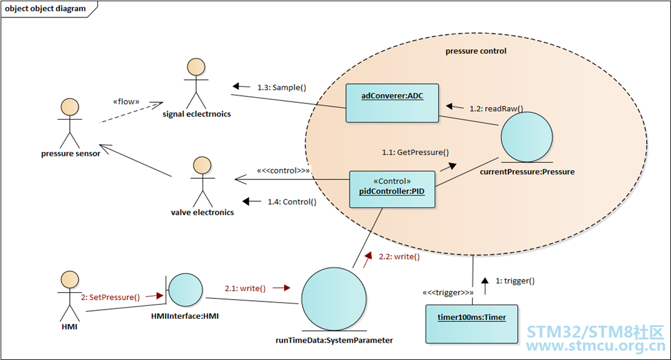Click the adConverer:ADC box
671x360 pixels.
tap(392, 103)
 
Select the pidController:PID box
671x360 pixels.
tap(392, 189)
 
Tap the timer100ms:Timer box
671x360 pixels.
tap(472, 324)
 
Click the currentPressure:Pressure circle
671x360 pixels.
tap(527, 137)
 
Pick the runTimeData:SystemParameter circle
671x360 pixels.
tap(334, 300)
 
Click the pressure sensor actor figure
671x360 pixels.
tap(70, 123)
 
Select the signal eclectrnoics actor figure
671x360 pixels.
tap(196, 83)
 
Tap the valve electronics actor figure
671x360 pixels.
tap(202, 182)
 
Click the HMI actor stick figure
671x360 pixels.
tap(70, 296)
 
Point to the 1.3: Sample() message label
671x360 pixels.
tap(282, 88)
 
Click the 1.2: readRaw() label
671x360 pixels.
tap(496, 108)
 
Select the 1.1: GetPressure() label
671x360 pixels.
tap(415, 152)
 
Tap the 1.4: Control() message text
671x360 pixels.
tap(292, 202)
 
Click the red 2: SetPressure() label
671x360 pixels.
tap(110, 297)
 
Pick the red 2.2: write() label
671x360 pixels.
tap(399, 257)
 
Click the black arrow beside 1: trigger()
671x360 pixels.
tap(485, 286)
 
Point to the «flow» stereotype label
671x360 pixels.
tap(126, 102)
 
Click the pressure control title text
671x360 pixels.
tap(476, 51)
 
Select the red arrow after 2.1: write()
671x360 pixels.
tap(282, 288)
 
